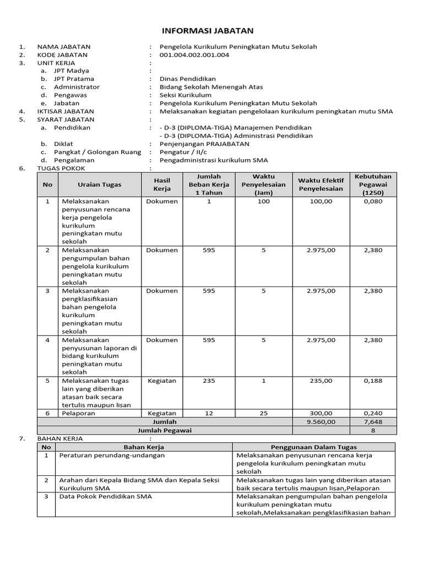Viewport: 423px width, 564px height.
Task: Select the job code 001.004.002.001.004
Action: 194,55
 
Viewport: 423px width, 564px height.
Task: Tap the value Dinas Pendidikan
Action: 187,79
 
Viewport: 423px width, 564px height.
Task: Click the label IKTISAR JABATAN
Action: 65,111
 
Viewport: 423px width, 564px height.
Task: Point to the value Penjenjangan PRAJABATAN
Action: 204,144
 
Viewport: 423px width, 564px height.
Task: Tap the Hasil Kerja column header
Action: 162,185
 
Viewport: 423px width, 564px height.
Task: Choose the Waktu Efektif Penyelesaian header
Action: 321,185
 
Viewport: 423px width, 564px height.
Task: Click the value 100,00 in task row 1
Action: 321,202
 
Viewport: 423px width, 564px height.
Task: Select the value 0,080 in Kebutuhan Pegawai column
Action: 373,202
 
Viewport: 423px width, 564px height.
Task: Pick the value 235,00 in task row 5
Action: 321,380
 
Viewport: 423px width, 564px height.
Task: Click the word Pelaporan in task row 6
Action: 78,413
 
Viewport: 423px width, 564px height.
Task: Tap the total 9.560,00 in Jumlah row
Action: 321,421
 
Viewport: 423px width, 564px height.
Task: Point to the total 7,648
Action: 373,421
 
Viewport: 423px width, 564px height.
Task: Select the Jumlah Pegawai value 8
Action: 373,430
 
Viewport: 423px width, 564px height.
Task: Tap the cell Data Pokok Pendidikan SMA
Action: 105,496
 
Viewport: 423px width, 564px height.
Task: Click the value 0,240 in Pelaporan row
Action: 373,413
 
